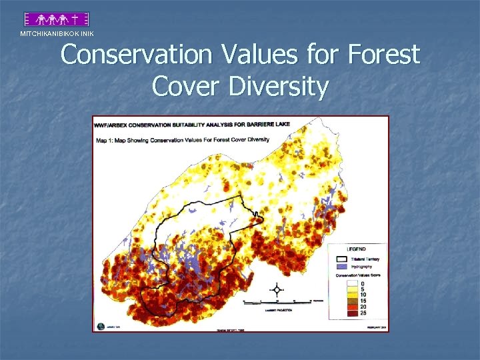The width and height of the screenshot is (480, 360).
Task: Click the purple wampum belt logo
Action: pos(57,19)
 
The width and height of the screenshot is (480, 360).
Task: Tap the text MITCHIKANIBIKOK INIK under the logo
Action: pos(57,33)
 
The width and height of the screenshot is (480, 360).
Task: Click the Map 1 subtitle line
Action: pos(183,139)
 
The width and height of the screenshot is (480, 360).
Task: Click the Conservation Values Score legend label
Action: pos(359,276)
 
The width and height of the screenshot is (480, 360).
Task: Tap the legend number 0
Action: pos(363,283)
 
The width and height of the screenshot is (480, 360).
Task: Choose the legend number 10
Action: pos(363,295)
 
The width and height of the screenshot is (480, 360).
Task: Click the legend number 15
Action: pos(363,301)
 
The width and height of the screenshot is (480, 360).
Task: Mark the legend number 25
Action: pos(363,313)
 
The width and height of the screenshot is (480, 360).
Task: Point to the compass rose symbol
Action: pos(276,290)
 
